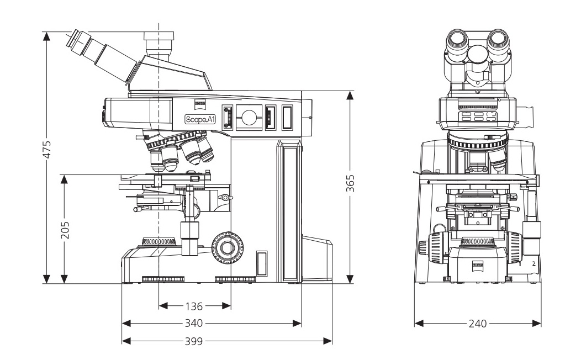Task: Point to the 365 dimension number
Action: point(350,183)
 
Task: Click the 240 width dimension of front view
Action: point(477,324)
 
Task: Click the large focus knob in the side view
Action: point(226,246)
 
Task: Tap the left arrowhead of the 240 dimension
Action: point(418,324)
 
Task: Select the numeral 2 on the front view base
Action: point(534,264)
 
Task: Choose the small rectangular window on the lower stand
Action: point(262,263)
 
